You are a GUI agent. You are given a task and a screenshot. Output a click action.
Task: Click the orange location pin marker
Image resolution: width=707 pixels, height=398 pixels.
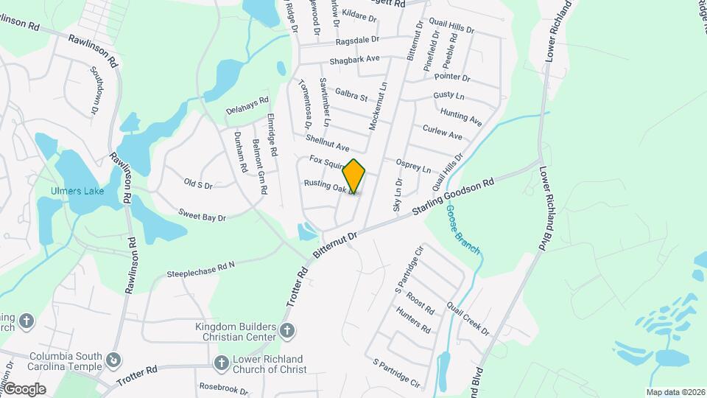354,176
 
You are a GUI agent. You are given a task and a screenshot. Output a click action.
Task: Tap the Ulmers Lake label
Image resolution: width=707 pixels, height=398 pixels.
77,191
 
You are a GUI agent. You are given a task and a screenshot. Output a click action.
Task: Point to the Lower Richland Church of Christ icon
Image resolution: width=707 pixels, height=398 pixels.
221,363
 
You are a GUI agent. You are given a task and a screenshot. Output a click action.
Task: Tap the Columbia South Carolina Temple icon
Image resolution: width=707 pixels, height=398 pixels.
113,360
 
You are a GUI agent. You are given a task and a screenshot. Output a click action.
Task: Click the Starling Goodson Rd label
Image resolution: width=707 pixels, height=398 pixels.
453,197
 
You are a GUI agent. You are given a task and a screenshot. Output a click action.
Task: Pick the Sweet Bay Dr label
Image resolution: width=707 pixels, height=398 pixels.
201,214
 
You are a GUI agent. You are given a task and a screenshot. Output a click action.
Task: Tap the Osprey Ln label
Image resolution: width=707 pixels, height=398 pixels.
412,165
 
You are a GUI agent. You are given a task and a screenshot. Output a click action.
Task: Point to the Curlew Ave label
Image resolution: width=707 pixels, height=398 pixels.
443,132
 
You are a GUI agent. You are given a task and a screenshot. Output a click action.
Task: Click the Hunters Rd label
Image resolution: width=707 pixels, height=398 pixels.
413,321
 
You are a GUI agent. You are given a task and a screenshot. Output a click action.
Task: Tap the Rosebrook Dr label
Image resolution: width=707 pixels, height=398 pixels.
224,386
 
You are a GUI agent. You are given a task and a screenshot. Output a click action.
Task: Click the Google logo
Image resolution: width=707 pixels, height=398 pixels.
24,388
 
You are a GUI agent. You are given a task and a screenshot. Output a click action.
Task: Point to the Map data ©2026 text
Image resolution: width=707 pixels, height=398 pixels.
675,391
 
